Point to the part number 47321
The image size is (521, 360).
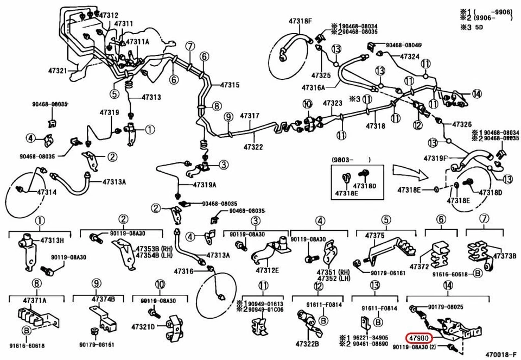pos(58,71)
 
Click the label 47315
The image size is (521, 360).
pos(230,85)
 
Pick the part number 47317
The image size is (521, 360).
pos(250,116)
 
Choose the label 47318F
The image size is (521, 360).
pos(300,21)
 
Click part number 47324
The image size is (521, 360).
pos(410,56)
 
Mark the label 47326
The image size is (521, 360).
pos(462,124)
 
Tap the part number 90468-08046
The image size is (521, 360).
pos(404,45)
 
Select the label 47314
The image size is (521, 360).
pos(31,193)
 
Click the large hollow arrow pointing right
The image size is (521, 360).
pos(409,173)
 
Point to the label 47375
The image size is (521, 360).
pos(374,235)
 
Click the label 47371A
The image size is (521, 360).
pos(35,300)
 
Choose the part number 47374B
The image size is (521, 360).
pos(103,299)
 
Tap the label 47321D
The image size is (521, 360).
pos(143,327)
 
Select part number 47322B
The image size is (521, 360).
pos(308,344)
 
